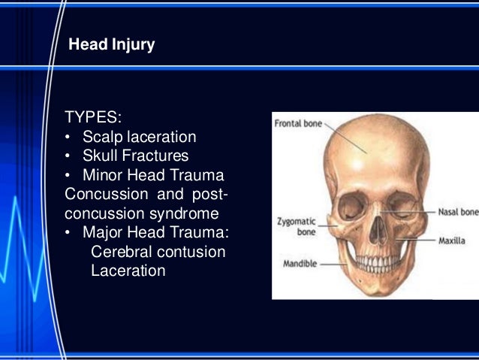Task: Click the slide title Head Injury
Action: pos(111,45)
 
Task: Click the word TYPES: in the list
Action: pos(93,118)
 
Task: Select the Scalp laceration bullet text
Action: pos(139,138)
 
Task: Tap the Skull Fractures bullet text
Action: pos(135,156)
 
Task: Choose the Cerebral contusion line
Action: pos(158,252)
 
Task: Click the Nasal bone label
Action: pos(458,213)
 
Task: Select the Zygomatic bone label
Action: pos(294,227)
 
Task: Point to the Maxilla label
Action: pos(453,241)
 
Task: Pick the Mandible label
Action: pos(299,265)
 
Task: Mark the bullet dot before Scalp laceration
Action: pos(68,138)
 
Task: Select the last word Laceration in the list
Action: pos(128,271)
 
